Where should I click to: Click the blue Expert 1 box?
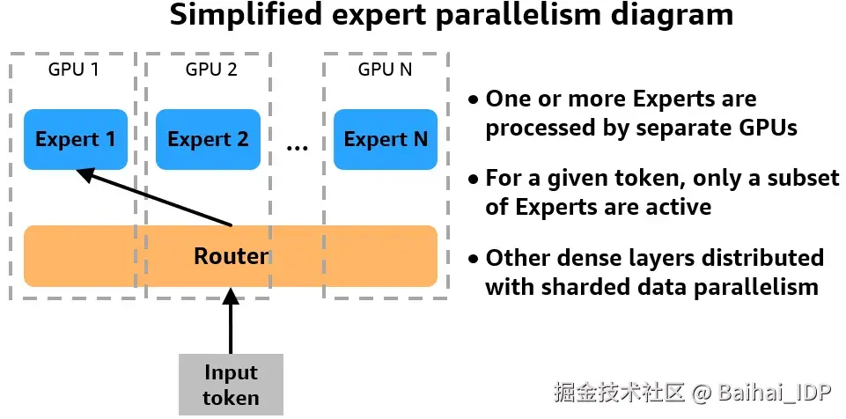[x=76, y=139]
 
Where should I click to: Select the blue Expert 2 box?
[x=209, y=139]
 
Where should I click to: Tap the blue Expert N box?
[x=386, y=139]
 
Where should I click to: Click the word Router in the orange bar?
[x=231, y=256]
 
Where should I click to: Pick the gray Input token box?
[x=231, y=385]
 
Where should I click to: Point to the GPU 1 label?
[x=74, y=70]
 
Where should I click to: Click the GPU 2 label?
[x=211, y=70]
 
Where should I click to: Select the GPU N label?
[x=386, y=70]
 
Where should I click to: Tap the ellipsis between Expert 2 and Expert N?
[x=297, y=147]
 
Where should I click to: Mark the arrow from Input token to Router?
[x=231, y=321]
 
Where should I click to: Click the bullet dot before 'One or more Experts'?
[x=473, y=100]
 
